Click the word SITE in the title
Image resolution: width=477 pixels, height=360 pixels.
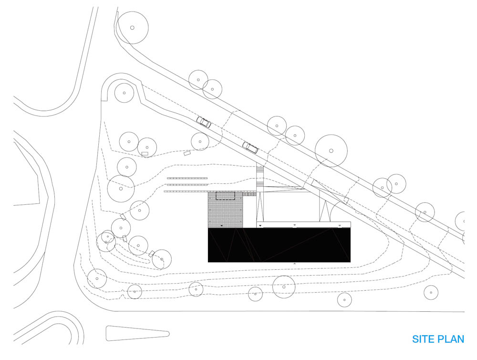[423, 339]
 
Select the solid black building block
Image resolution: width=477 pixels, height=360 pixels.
[279, 245]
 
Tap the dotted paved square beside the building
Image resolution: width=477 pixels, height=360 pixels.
[225, 210]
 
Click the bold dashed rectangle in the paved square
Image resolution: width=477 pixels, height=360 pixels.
[226, 196]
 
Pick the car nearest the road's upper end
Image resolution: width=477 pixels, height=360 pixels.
[204, 122]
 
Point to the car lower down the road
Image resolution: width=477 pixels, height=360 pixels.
[250, 147]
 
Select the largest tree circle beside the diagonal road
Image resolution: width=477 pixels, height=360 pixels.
[331, 151]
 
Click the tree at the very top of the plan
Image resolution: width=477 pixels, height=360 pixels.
[132, 28]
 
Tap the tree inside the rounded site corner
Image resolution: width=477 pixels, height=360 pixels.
[124, 93]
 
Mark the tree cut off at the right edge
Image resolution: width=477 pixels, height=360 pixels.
[462, 221]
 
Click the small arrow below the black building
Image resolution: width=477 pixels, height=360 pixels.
[294, 264]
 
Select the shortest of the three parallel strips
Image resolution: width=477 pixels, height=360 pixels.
[187, 178]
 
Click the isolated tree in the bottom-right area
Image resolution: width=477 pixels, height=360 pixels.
[431, 293]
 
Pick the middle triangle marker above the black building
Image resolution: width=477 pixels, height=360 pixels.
[294, 225]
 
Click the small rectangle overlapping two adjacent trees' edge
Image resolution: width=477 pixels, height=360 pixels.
[145, 154]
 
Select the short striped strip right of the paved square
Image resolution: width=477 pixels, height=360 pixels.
[249, 194]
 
